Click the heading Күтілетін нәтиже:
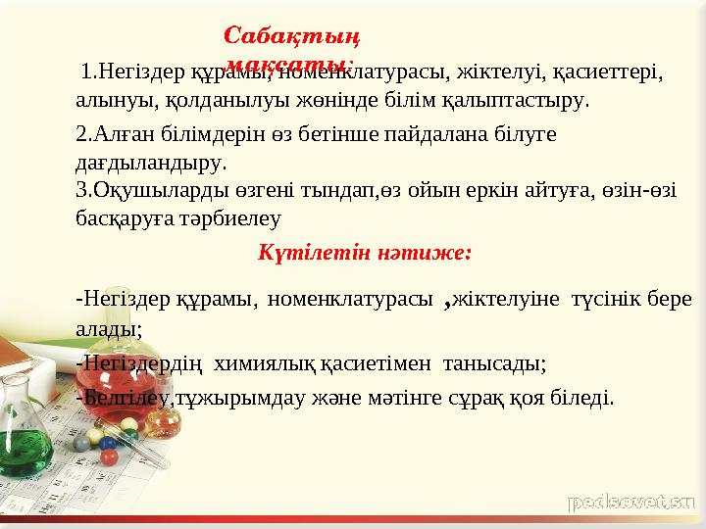coord(365,253)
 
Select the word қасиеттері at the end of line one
coord(609,72)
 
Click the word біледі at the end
coord(584,398)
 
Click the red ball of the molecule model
coord(111,456)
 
